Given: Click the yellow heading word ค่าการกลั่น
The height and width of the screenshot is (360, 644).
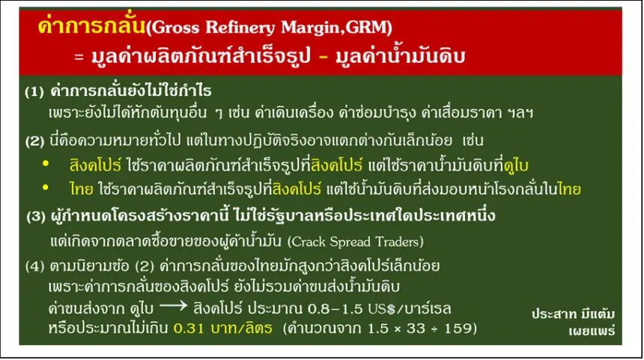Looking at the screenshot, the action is tap(91, 25).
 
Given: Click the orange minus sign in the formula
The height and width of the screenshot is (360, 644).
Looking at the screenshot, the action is tap(323, 56).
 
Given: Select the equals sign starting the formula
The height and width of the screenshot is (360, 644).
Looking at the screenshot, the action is tap(79, 57).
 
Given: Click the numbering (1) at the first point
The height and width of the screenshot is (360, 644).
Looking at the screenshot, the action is tap(34, 91).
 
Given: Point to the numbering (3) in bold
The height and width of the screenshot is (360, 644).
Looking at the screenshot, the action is tap(36, 216).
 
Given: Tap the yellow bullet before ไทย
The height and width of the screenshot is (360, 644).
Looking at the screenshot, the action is tap(46, 188).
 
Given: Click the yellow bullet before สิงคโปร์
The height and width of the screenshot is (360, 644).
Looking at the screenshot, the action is tap(46, 164).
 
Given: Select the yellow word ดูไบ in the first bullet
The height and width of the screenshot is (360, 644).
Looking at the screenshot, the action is tap(516, 166).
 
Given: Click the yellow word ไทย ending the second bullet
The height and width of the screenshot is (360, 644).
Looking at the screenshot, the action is tap(570, 189).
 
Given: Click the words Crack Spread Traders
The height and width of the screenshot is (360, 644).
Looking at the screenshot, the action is tap(355, 242).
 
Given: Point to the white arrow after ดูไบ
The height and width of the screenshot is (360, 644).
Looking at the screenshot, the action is tap(173, 306).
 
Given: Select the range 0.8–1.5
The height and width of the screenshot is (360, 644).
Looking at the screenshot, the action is tap(335, 308).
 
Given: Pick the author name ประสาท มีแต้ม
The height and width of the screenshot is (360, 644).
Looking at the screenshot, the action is tap(573, 314).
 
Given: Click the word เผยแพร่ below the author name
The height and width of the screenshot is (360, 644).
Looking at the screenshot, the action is tap(592, 331).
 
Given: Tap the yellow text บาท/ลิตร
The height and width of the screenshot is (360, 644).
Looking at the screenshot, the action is tap(241, 329).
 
